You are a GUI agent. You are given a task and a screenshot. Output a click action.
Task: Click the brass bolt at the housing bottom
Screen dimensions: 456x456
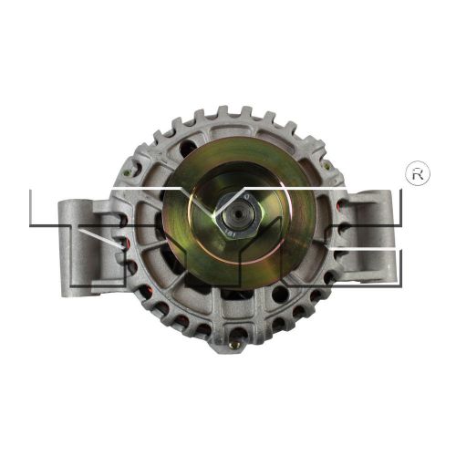[x=234, y=345]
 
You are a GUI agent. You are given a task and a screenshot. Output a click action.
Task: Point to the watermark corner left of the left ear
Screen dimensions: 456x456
[x=31, y=192]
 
